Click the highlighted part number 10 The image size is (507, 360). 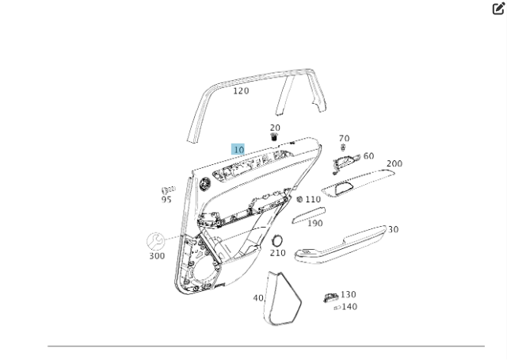click(x=238, y=149)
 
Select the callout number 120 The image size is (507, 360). click(x=241, y=91)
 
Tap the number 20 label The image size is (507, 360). click(x=275, y=128)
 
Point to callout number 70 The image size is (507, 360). click(x=344, y=139)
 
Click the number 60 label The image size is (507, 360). click(x=368, y=156)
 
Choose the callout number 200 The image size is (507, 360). click(x=394, y=164)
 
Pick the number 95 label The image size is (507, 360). click(x=166, y=200)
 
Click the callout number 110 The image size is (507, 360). click(x=313, y=200)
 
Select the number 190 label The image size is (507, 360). click(x=314, y=224)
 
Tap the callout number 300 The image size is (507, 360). click(x=157, y=256)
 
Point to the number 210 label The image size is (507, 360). click(x=277, y=253)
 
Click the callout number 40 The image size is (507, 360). click(x=258, y=298)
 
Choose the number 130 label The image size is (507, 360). click(x=348, y=295)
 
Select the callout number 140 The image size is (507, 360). click(x=349, y=307)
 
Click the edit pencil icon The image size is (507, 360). click(x=498, y=9)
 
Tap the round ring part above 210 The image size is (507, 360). click(x=277, y=240)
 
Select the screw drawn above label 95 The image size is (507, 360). click(x=168, y=190)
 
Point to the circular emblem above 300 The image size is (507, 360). click(x=156, y=241)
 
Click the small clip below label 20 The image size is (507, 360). click(x=274, y=137)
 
